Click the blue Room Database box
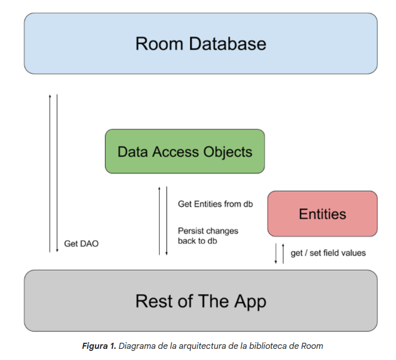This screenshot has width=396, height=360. coord(201,44)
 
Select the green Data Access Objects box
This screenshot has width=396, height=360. coord(185,151)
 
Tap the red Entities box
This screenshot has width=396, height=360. coord(323,214)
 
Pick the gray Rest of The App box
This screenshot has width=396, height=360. coord(201,301)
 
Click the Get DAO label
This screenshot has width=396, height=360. coord(81,244)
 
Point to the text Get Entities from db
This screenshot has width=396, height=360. coord(215,204)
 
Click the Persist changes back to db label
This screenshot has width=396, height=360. coord(208,236)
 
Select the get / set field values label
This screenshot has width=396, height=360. coord(328,253)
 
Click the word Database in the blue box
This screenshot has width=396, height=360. coord(228,44)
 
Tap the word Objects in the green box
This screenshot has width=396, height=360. coord(228,152)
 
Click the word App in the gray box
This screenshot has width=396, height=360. coord(250,302)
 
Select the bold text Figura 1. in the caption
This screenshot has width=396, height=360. coord(99,346)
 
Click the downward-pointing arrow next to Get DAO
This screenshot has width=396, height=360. coord(57,173)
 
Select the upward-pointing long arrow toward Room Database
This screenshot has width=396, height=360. coord(50,173)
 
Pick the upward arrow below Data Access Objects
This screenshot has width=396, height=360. coord(159,221)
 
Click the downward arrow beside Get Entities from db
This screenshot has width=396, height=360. coord(167,221)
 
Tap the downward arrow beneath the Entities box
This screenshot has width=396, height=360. coord(276,254)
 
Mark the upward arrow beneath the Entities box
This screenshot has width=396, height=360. coord(283,254)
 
